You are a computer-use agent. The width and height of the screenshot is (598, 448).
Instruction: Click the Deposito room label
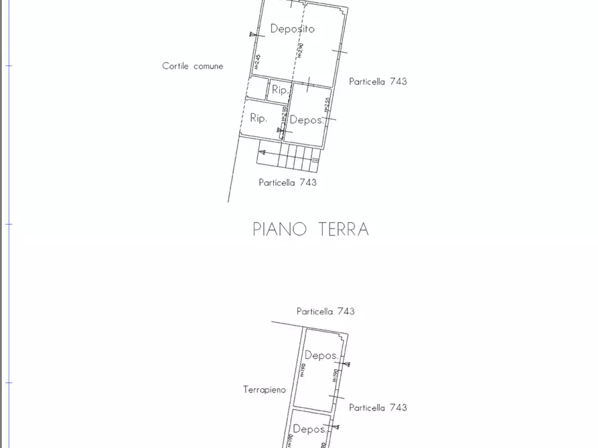pos(292,29)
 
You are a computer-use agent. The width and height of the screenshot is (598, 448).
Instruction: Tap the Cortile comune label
pos(192,66)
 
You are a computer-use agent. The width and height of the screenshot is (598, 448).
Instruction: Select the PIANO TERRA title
pos(311,229)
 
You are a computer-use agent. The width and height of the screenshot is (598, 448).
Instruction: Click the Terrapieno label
pos(265,389)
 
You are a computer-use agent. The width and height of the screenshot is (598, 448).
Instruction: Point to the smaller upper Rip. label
pos(280,90)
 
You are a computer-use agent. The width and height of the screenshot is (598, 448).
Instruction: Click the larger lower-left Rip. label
pos(258,118)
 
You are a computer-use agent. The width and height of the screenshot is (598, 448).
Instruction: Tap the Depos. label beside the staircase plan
pos(306,120)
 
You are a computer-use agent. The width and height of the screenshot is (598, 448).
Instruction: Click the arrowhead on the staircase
pos(262,152)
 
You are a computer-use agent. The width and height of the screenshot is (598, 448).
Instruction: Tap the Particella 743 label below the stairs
pos(287,182)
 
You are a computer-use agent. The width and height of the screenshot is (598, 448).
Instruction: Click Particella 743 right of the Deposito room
pos(378,82)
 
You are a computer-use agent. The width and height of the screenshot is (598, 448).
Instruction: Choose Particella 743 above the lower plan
pos(325,311)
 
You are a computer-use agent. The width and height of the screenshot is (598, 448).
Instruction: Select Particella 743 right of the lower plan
pos(378,407)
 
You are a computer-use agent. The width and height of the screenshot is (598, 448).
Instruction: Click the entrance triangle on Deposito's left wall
pos(252,34)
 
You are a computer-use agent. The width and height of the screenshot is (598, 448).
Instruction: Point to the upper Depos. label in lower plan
pos(321,356)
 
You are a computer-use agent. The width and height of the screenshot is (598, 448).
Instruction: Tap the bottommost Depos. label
pos(309,429)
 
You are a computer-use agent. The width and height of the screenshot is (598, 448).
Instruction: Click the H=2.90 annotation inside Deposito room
pos(301,50)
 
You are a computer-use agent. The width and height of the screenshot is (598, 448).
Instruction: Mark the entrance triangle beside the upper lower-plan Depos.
pos(346,364)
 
